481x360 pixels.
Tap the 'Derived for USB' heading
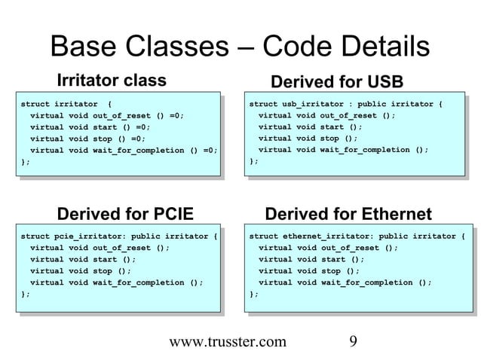point(337,81)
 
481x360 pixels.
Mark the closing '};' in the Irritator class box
point(26,161)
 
